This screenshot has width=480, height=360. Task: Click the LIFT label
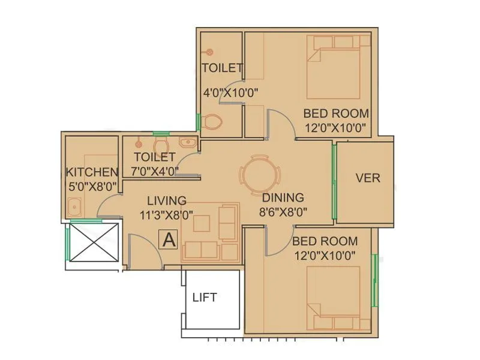[x=205, y=297]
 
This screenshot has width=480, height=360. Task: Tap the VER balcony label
[x=367, y=178]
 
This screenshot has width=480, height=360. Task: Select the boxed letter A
[x=169, y=240]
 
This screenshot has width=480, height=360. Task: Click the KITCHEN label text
[x=92, y=173]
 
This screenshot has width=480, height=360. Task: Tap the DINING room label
[x=283, y=197]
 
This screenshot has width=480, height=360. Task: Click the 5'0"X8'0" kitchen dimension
[x=92, y=186]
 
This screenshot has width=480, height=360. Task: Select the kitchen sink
[x=75, y=209]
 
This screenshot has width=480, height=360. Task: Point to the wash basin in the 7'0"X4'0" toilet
[x=188, y=142]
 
